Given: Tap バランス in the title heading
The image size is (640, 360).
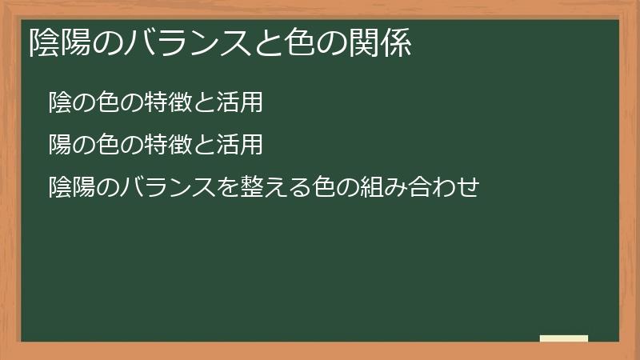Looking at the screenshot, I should click(x=186, y=44).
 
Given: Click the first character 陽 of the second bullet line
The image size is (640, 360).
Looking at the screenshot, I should click(x=59, y=145).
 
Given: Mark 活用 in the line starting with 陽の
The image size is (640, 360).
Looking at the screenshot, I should click(x=241, y=145).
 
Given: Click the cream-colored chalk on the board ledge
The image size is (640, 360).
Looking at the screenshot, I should click(x=564, y=338).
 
